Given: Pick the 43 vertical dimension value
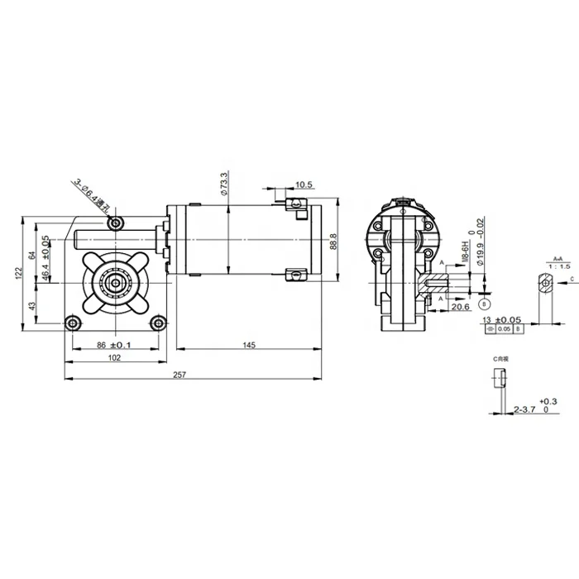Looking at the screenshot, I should coord(32,306).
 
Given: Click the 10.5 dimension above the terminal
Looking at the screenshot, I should coord(303,184).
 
